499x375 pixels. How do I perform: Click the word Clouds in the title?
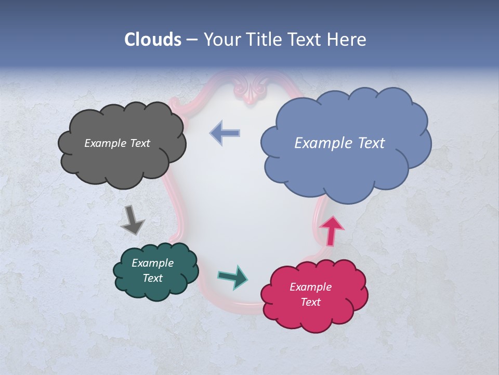152,40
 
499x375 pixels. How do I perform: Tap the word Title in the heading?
264,40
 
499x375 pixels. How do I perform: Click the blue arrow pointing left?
225,133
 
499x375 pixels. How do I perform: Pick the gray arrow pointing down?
132,219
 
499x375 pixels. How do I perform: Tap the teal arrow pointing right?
232,277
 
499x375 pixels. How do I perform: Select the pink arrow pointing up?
332,231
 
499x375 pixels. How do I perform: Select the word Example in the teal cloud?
152,263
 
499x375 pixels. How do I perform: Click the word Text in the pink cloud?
311,302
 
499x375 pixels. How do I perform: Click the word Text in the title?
307,40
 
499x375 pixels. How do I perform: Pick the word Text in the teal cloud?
153,278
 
